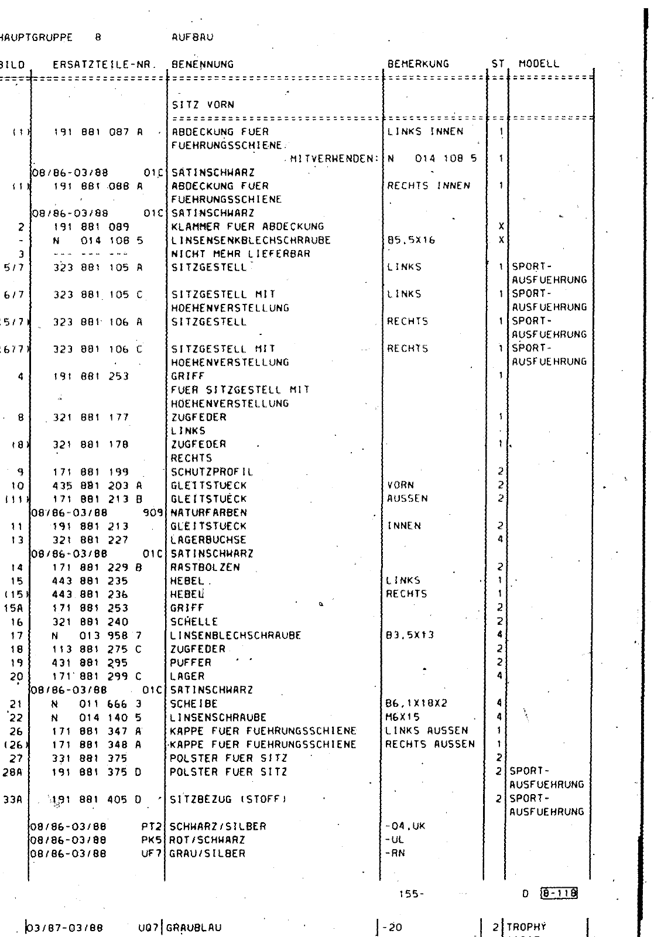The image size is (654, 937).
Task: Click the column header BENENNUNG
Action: [x=202, y=64]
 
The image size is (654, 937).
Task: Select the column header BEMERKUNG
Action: [x=418, y=64]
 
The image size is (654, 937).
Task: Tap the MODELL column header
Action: [x=539, y=64]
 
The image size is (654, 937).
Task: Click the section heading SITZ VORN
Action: [x=203, y=105]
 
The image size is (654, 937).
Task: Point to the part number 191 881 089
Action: [x=91, y=227]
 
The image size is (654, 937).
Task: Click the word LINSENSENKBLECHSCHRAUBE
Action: [x=251, y=240]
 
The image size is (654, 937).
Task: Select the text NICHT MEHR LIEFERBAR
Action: [x=240, y=254]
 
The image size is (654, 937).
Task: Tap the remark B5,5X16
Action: [x=411, y=240]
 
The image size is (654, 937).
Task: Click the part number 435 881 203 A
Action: [x=97, y=485]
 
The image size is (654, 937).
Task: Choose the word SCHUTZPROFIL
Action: [x=212, y=472]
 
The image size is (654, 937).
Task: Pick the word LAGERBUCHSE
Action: [x=208, y=540]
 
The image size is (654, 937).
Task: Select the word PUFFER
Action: [x=190, y=662]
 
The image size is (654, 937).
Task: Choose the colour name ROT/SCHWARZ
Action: [x=207, y=840]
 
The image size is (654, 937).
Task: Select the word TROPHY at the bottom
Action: [x=526, y=927]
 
